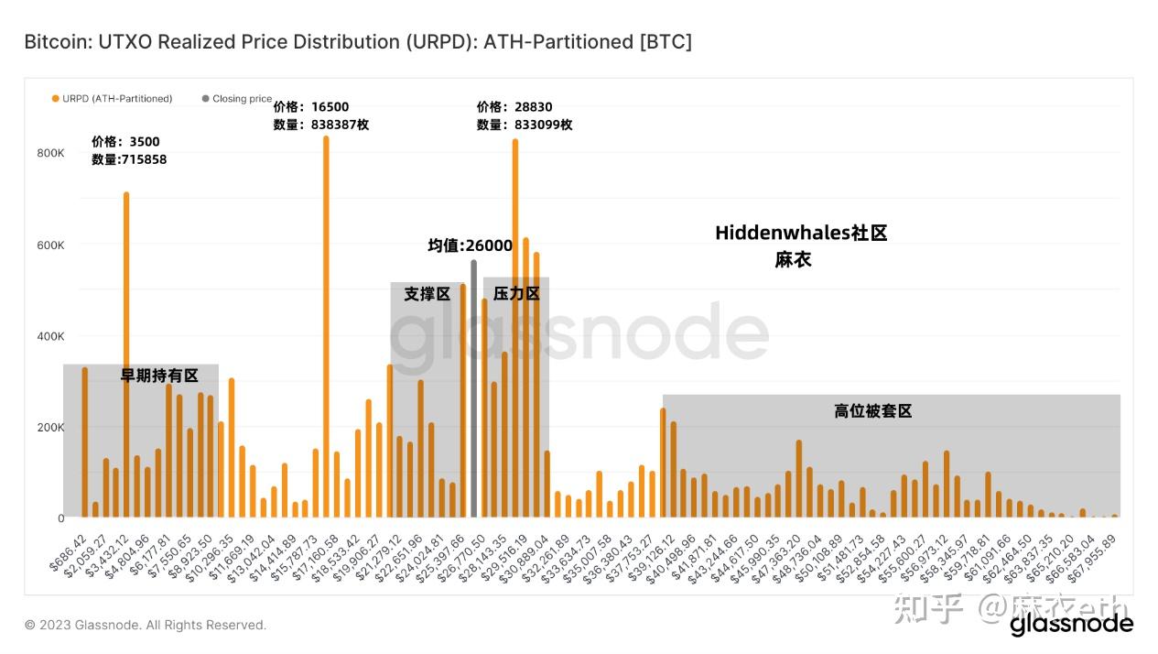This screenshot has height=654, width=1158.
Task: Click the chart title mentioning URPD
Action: point(358,42)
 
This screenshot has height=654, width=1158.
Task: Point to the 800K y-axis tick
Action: point(50,153)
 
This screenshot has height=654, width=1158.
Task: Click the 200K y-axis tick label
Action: point(50,427)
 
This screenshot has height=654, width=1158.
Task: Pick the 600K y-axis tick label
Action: point(50,245)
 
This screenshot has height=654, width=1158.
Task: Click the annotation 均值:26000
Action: point(470,245)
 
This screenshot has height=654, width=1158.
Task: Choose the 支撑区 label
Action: point(427,294)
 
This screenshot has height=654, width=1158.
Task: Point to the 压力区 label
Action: point(516,294)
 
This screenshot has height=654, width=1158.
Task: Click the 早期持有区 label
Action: point(159,376)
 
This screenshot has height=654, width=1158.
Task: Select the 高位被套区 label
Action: point(872,411)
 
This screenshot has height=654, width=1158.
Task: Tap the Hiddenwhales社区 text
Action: point(801,233)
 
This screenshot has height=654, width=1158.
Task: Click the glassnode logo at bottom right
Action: point(1071,625)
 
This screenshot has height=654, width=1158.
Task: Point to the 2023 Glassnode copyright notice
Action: point(146,625)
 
